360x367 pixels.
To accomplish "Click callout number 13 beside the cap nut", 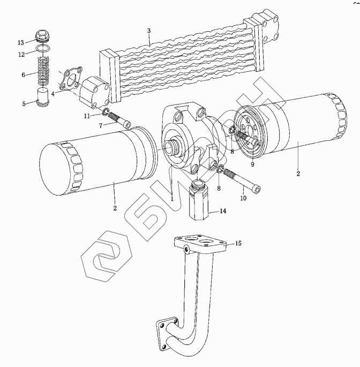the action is click(x=20, y=42).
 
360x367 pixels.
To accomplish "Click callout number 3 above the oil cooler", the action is click(x=149, y=31).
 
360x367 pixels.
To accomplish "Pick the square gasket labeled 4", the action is click(x=69, y=80).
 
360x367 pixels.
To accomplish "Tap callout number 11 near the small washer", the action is click(x=86, y=115).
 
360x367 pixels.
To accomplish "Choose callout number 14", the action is click(x=223, y=211).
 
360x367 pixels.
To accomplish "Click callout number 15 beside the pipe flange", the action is click(x=238, y=244).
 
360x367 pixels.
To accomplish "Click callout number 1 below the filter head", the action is click(x=172, y=198).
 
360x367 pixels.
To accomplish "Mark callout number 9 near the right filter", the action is click(x=252, y=165).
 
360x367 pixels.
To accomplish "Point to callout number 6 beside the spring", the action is click(x=24, y=74).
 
